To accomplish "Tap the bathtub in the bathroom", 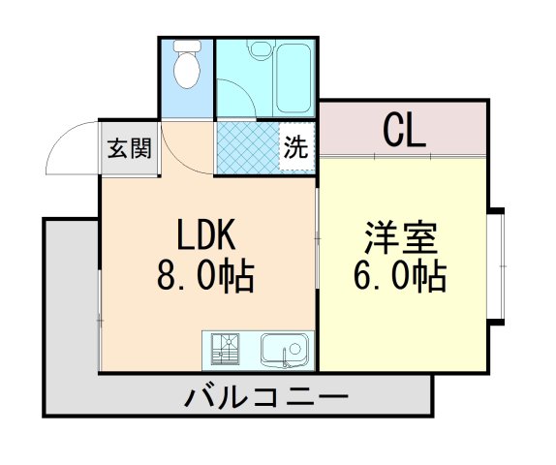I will click(x=293, y=78).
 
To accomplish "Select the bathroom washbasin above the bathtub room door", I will click(x=259, y=51).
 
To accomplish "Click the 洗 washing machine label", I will click(x=296, y=148).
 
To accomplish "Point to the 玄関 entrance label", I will click(x=129, y=149).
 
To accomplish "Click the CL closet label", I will click(x=403, y=130).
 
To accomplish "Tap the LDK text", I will click(x=205, y=235).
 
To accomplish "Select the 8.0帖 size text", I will click(x=205, y=278).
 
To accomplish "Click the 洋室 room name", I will click(x=400, y=235).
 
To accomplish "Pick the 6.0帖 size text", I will click(x=400, y=278).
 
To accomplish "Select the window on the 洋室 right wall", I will click(x=501, y=265).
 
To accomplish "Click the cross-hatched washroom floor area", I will click(x=247, y=148).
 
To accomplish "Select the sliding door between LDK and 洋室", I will click(x=318, y=237).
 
